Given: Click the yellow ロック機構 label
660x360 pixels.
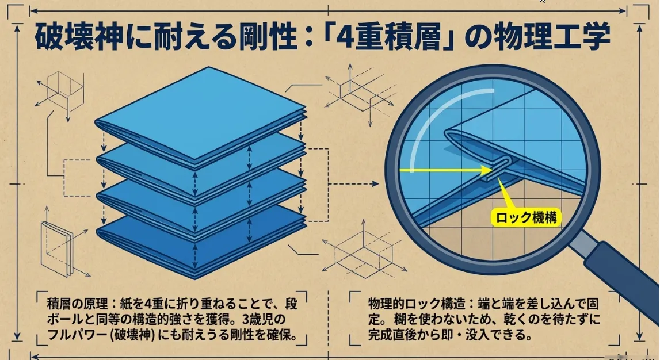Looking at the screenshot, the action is click(526, 217).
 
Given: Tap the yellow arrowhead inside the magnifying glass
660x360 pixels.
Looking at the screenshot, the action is click(487, 170).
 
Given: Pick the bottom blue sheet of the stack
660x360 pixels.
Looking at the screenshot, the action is click(200, 244).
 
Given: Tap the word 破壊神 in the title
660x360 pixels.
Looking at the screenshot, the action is click(79, 37).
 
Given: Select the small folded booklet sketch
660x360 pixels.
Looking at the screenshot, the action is click(56, 248).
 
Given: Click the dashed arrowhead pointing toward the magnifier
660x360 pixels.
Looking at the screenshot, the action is click(375, 184).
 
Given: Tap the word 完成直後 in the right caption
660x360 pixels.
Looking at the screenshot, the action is click(395, 335).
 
